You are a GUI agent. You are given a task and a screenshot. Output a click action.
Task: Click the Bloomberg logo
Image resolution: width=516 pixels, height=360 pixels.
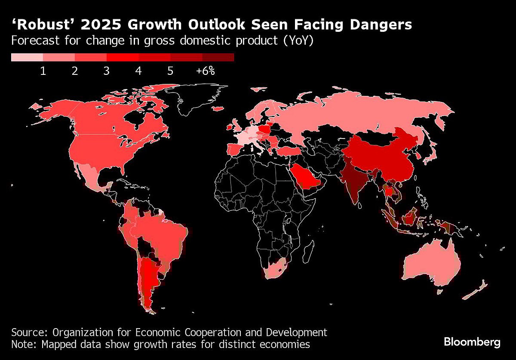tap(472, 342)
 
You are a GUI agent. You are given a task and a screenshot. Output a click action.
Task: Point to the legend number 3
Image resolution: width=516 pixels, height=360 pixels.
tap(106, 71)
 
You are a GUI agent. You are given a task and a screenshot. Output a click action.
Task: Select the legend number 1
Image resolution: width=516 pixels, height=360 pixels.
tap(43, 71)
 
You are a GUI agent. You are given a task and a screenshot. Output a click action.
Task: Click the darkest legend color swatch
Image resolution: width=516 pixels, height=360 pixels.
tap(218, 57)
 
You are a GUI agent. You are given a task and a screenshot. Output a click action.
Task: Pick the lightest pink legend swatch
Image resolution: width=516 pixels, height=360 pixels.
tap(27, 57)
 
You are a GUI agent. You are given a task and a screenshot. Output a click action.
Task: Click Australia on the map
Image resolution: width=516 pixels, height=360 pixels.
tap(430, 262)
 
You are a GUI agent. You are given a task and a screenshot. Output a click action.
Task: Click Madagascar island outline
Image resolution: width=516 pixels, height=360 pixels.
tap(308, 248)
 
